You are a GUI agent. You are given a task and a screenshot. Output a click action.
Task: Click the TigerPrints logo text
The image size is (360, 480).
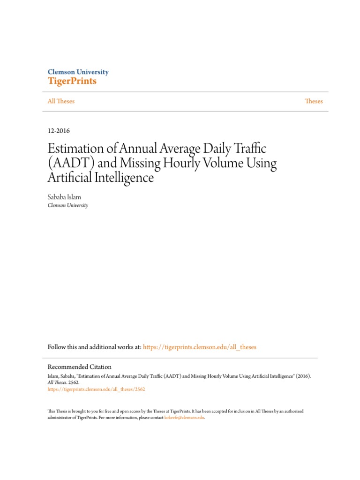click(72, 81)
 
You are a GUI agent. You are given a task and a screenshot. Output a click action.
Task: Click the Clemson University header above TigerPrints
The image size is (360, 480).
click(78, 72)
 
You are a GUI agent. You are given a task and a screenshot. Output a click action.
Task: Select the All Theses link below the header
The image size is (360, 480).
click(61, 101)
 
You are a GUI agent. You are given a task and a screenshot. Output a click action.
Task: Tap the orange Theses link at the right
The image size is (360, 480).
click(314, 101)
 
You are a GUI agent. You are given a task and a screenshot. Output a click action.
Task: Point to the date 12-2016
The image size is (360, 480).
click(59, 131)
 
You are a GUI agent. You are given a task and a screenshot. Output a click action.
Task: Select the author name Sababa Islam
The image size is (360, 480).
click(64, 197)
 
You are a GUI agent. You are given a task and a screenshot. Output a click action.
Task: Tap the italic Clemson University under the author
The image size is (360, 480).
click(68, 205)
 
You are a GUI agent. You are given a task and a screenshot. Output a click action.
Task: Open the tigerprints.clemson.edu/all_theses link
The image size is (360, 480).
click(200, 347)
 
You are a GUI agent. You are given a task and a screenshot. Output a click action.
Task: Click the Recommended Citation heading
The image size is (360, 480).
click(80, 367)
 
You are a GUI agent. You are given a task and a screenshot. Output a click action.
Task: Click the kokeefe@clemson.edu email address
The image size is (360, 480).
click(185, 417)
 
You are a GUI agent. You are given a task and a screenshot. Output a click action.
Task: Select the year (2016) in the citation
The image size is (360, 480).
click(302, 376)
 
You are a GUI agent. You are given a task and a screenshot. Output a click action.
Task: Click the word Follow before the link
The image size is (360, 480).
click(58, 347)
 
